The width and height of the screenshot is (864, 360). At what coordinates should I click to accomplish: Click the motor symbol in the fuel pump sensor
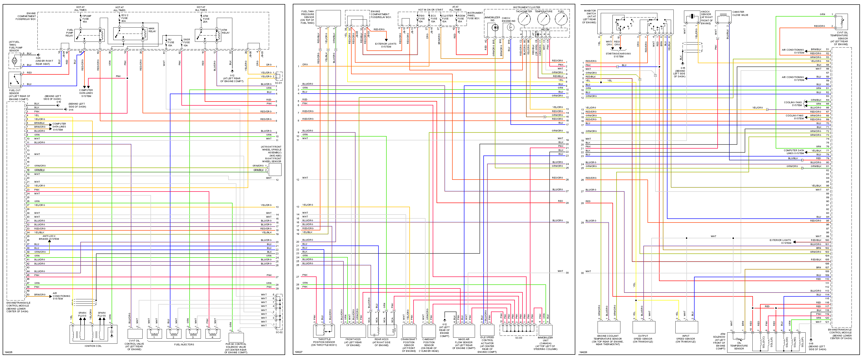tap(14, 61)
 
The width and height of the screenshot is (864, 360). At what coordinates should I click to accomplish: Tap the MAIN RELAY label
tap(152, 30)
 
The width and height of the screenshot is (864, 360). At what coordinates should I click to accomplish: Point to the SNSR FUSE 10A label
tap(186, 42)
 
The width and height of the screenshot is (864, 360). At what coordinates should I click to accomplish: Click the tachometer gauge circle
tap(524, 19)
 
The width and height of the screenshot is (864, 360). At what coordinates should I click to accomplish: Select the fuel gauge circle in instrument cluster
tap(561, 19)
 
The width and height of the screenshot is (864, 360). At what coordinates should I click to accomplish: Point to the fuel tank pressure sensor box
tap(328, 18)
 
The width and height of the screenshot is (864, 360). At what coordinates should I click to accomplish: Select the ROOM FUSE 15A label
tap(461, 18)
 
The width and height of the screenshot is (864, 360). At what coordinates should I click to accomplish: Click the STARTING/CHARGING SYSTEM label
tap(618, 55)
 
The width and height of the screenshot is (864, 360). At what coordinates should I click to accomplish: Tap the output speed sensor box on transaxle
tap(643, 327)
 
